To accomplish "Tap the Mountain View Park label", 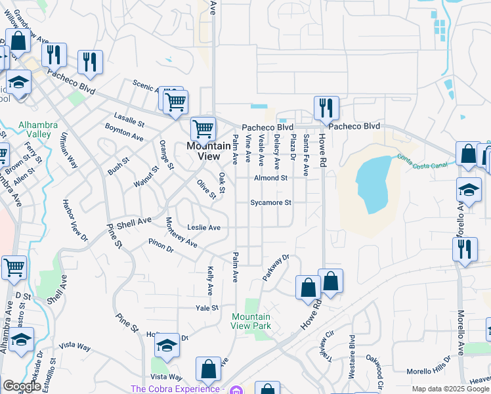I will (x=251, y=321).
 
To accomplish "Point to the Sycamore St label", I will (x=270, y=203).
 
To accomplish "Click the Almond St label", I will (x=270, y=178).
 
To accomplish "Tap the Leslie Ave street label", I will (x=204, y=227).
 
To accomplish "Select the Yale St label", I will (x=206, y=307).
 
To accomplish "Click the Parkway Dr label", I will (x=276, y=268).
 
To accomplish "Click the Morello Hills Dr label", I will (x=429, y=372).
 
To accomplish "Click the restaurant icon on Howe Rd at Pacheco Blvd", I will (x=326, y=106).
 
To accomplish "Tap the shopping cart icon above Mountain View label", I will (x=203, y=127).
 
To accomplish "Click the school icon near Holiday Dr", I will (x=167, y=345).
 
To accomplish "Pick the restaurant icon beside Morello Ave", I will (x=465, y=250).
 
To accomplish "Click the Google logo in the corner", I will (x=22, y=386).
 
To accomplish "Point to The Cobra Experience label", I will (x=177, y=389).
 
